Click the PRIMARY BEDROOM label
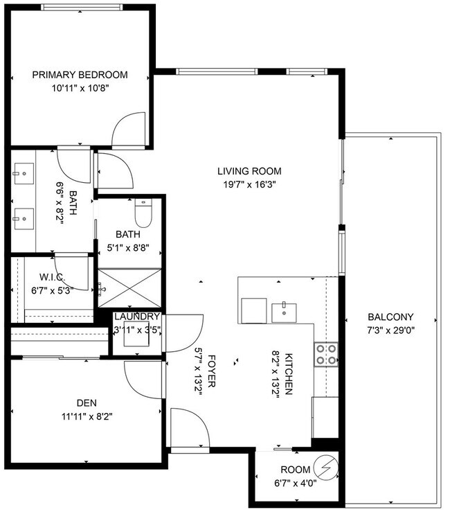tap(80, 75)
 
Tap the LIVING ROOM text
tap(249, 171)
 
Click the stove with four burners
tap(326, 354)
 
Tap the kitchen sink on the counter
tap(284, 312)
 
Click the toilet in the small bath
tap(143, 215)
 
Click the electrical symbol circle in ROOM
tap(325, 466)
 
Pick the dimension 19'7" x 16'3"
tap(249, 185)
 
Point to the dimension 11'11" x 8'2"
tap(86, 417)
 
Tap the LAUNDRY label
tap(137, 317)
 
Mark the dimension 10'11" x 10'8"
tap(80, 88)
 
